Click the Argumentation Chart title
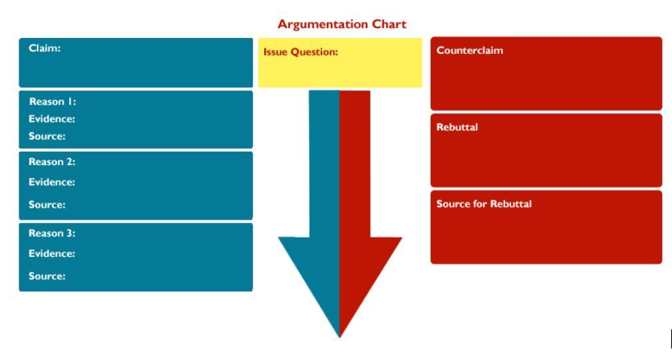pyautogui.click(x=341, y=25)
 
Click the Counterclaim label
pyautogui.click(x=470, y=51)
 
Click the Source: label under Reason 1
pyautogui.click(x=47, y=136)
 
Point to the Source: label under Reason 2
pyautogui.click(x=47, y=205)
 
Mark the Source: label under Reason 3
pyautogui.click(x=47, y=276)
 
